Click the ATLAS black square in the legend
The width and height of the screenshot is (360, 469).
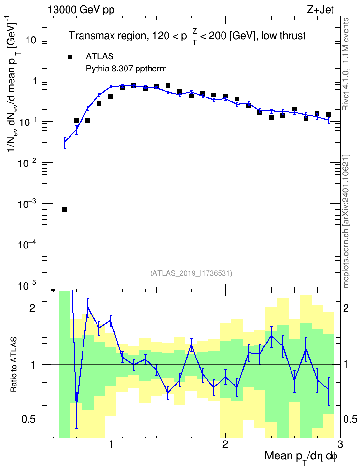pos(70,57)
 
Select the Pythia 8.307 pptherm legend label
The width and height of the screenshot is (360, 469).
pos(126,69)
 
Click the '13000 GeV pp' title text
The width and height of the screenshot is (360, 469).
pos(81,10)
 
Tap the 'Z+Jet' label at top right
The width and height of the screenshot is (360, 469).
pos(320,10)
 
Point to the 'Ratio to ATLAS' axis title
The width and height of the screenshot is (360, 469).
pos(14,365)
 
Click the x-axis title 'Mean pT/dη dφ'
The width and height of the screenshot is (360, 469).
pos(301,457)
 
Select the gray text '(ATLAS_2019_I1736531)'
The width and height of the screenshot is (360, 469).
pos(191,273)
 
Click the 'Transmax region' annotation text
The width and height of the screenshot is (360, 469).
pos(107,36)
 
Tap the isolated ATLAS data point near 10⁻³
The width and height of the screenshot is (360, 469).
pos(65,209)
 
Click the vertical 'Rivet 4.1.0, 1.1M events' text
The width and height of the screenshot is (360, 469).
pos(346,64)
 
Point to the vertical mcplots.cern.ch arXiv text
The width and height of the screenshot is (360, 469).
pos(346,221)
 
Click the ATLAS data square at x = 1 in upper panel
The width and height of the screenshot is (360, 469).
pos(111,97)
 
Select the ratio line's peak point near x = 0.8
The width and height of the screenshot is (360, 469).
pos(88,307)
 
